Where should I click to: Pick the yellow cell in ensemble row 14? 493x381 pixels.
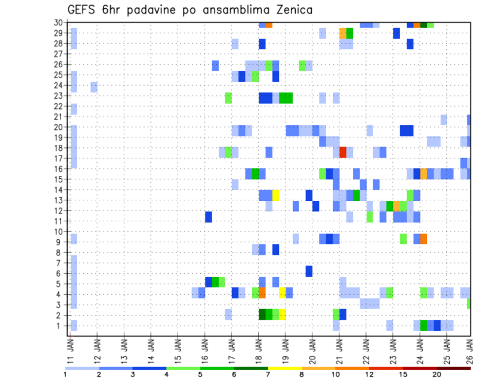(276, 195)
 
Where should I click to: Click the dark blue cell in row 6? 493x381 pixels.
(309, 271)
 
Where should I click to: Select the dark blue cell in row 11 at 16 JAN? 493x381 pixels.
(208, 217)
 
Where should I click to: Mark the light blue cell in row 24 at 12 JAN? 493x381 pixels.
(94, 87)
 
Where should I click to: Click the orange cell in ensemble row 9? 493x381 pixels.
(424, 239)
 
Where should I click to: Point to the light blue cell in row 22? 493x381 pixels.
(74, 109)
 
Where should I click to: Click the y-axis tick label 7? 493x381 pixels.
(60, 263)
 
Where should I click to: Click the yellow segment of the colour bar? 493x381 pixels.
(285, 368)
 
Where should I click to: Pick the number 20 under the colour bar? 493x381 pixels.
(437, 375)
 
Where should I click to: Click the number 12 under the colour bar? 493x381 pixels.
(370, 375)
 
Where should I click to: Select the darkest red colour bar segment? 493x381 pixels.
(454, 368)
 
